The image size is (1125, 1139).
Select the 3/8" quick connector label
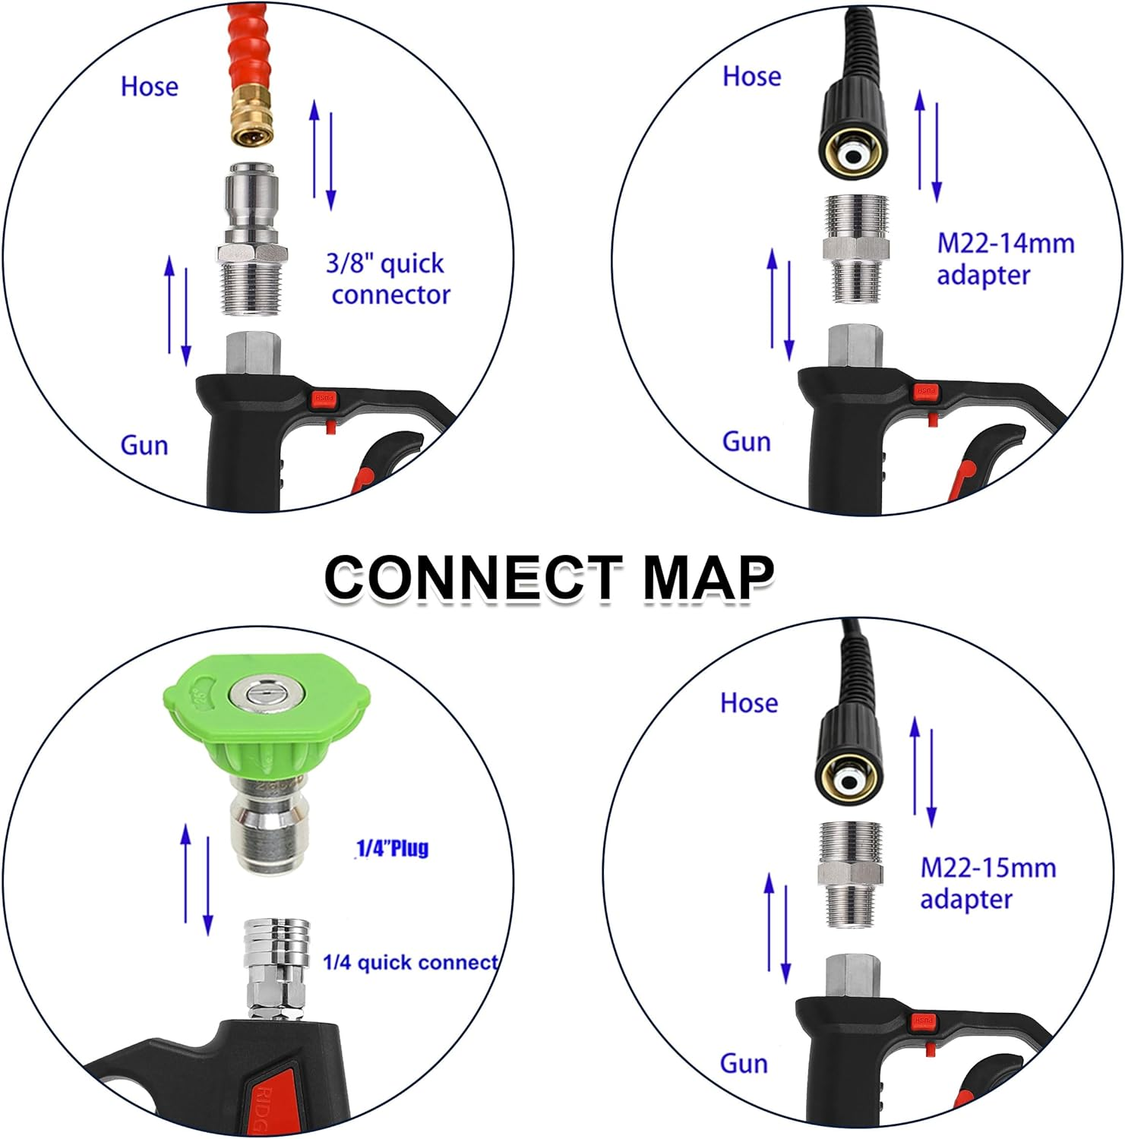[388, 279]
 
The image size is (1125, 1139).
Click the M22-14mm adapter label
[1005, 259]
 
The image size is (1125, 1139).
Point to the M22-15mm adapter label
[988, 883]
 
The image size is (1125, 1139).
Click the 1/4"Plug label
[393, 847]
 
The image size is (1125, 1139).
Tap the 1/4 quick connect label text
[410, 963]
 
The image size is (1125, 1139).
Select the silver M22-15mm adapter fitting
[850, 873]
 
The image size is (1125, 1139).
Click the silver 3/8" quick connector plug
[251, 239]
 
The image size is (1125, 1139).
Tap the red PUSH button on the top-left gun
[323, 398]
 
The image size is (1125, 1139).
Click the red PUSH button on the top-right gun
[926, 391]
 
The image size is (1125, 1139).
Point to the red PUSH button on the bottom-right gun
[923, 1021]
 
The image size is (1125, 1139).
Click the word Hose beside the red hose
[150, 87]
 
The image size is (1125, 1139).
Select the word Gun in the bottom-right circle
[744, 1064]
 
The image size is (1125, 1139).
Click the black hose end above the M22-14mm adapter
[854, 129]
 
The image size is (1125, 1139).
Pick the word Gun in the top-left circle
[144, 445]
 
